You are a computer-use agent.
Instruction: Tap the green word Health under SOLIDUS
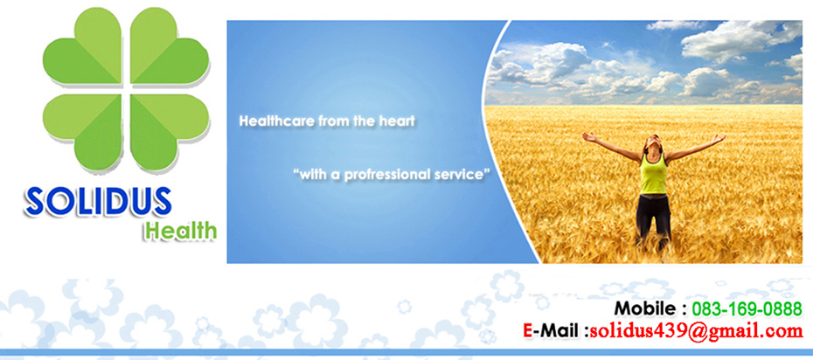(x=180, y=231)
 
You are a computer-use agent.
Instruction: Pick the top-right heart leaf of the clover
(x=167, y=49)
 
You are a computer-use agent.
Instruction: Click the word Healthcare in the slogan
(x=277, y=121)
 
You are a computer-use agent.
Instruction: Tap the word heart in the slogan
(x=399, y=121)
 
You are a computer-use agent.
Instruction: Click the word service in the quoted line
(x=461, y=175)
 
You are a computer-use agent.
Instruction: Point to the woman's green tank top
(x=653, y=175)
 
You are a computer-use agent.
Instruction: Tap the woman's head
(x=654, y=142)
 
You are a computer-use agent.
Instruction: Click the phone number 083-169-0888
(x=747, y=309)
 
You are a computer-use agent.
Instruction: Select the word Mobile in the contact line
(x=645, y=308)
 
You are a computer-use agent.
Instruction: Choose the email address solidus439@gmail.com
(x=697, y=330)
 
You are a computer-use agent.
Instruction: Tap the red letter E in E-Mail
(x=528, y=330)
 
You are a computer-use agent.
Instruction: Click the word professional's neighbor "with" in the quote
(x=310, y=175)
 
